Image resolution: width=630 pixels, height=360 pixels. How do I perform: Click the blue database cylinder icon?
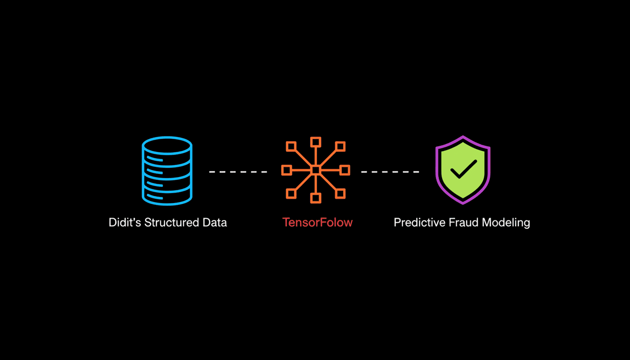pos(167,171)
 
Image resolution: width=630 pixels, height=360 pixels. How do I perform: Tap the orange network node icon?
pos(315,170)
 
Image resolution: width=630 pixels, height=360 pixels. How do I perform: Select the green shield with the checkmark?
pos(463,170)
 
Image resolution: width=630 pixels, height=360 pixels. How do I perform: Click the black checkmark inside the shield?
pos(463,169)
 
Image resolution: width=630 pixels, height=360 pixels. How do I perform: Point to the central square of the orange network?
pos(315,170)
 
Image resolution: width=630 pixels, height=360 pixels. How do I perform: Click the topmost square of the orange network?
pos(315,142)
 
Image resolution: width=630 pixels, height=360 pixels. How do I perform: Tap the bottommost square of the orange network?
pos(315,198)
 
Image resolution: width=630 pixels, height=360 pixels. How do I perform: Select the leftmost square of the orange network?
pos(287,170)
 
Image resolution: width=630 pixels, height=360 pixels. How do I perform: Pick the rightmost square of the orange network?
pos(345,170)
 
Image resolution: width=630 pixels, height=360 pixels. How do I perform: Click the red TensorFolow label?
pos(317,222)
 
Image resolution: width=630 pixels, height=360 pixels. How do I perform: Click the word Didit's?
pos(125,222)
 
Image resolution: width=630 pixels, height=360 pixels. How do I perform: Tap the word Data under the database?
pos(215,222)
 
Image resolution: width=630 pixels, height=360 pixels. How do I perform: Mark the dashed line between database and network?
pos(238,172)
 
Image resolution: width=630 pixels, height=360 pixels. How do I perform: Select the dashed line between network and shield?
pos(390,172)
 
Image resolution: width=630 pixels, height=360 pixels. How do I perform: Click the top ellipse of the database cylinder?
pos(167,145)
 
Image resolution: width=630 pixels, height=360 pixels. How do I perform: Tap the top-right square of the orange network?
pos(340,146)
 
